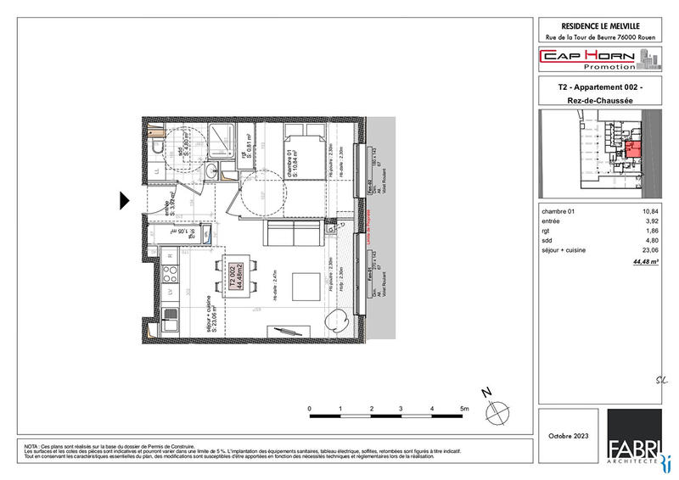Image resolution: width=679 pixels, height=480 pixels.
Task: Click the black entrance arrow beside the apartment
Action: point(124,201)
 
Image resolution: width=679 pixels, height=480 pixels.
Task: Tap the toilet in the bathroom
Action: point(156,149)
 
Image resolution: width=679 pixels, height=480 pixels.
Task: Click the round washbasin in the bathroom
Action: point(210,173)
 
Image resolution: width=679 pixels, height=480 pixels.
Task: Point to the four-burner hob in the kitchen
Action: point(170,274)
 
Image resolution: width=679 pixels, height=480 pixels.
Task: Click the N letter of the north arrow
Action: point(485,392)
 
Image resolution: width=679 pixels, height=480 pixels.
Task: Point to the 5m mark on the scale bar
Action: point(463,409)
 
